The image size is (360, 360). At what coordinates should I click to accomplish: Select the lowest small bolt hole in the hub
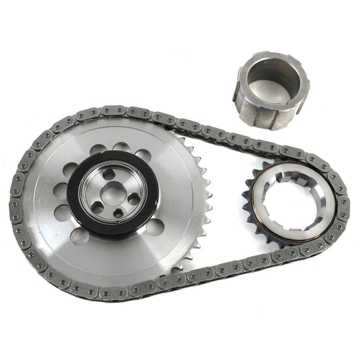click(x=118, y=213)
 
